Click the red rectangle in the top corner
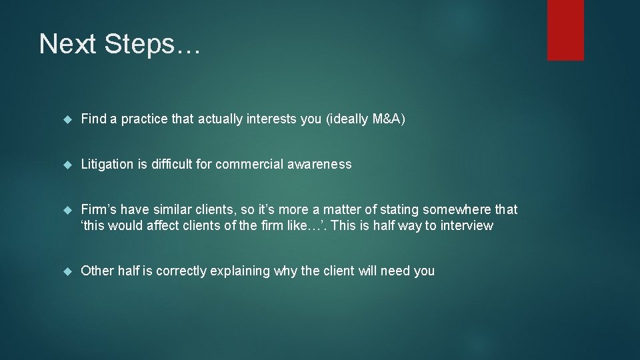coord(565,30)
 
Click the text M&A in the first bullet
coord(386,119)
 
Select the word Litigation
coord(107,165)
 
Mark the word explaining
coord(240,271)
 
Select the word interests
coord(270,119)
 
